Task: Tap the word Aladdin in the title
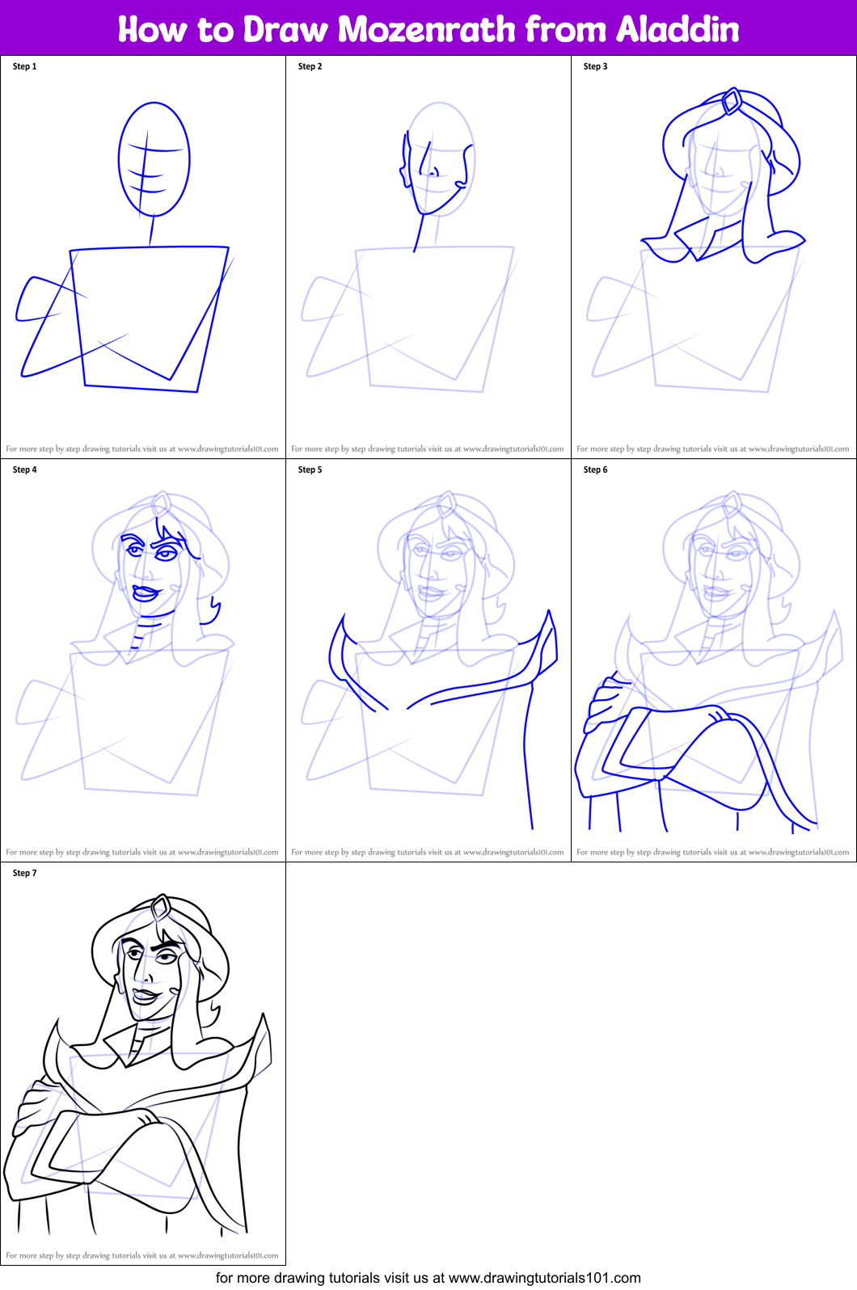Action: coord(678,30)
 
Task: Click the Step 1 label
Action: coord(25,66)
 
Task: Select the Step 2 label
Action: coord(310,66)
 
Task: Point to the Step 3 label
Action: coord(595,66)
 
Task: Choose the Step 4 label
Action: coord(25,470)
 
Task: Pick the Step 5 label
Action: coord(310,470)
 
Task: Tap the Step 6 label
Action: coord(595,470)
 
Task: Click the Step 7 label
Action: coord(25,873)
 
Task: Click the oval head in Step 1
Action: coord(154,159)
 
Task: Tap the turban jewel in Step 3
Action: coord(732,102)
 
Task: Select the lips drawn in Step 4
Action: coord(146,592)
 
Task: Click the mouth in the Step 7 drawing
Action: coord(146,995)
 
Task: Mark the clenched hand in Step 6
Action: coord(602,702)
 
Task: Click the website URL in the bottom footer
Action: coord(544,1278)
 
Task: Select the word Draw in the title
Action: coord(285,30)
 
